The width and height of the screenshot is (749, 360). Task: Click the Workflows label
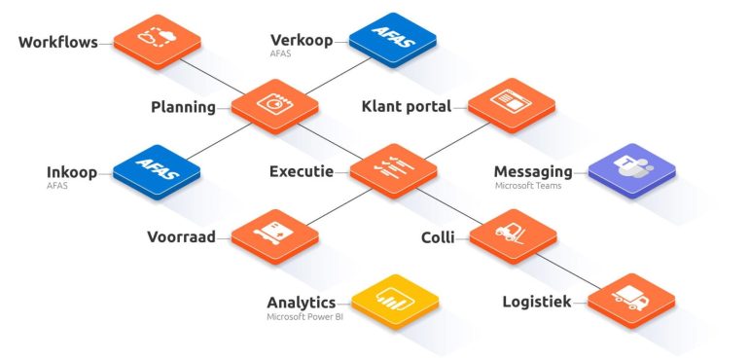[57, 42]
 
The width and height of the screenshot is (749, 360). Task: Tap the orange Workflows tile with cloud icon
[158, 41]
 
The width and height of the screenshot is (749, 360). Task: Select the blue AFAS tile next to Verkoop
[393, 40]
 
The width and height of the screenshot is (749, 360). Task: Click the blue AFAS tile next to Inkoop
[157, 171]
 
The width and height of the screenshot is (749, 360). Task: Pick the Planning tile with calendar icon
[275, 106]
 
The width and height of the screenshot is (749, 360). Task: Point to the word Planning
[184, 107]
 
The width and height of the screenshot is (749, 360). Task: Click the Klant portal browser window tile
[512, 105]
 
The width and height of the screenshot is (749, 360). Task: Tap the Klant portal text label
[406, 106]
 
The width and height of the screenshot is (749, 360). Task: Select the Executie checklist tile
[394, 170]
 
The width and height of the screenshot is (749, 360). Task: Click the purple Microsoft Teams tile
[632, 169]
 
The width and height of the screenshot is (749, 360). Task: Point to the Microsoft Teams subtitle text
[528, 186]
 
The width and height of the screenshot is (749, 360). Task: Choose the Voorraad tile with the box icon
[275, 236]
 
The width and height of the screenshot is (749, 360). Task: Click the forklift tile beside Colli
[513, 235]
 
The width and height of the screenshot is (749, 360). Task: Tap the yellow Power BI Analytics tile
[395, 302]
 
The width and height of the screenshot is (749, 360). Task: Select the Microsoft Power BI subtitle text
[304, 316]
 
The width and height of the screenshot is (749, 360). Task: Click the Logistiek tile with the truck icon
[631, 301]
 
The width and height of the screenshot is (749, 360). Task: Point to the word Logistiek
[537, 302]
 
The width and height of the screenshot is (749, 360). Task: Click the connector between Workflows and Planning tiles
[212, 77]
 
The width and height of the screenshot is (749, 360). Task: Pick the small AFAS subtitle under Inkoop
[57, 186]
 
